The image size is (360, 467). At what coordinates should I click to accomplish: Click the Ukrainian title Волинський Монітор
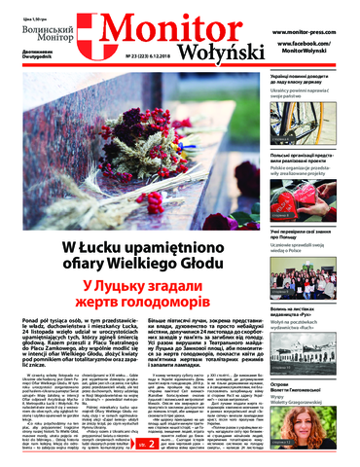pyautogui.click(x=32, y=36)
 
